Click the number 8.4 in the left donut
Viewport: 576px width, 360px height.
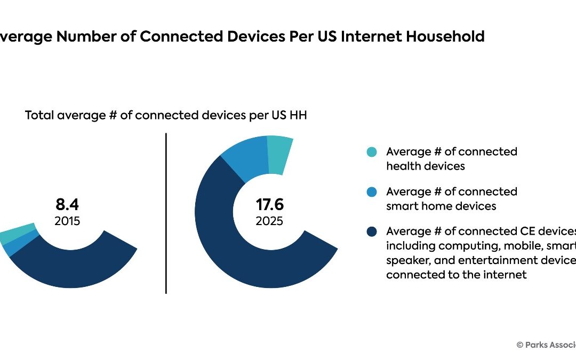point(67,204)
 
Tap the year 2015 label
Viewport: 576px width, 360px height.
point(67,221)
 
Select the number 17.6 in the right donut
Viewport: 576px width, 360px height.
point(269,204)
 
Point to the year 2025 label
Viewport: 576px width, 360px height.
point(269,221)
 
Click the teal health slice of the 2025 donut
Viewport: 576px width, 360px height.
point(279,154)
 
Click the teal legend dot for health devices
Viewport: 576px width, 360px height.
point(372,152)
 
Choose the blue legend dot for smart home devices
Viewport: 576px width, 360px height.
point(372,192)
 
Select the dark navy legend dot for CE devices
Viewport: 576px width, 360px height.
point(372,231)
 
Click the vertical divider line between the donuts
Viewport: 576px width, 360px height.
point(166,213)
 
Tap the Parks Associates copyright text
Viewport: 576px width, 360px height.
point(546,345)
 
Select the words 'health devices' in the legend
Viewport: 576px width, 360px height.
point(425,166)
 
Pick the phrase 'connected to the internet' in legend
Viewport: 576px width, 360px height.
point(456,275)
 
